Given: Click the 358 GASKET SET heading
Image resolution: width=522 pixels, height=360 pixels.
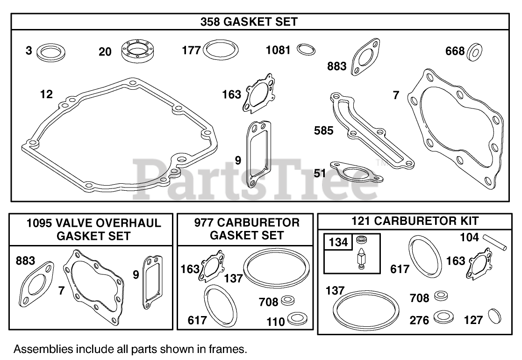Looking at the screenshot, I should pyautogui.click(x=249, y=22).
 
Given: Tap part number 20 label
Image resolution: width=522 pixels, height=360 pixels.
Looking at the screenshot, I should pyautogui.click(x=105, y=51).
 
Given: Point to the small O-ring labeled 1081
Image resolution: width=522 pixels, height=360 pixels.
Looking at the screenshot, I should pyautogui.click(x=306, y=49).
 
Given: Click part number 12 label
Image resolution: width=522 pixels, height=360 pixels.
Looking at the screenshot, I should pyautogui.click(x=46, y=94).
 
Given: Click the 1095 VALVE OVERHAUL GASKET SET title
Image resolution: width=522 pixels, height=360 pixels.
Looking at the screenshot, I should pyautogui.click(x=93, y=229).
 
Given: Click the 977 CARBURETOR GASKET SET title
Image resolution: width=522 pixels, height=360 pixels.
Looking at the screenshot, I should pyautogui.click(x=247, y=229).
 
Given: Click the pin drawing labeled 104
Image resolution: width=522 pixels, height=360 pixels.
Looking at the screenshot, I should pyautogui.click(x=493, y=241).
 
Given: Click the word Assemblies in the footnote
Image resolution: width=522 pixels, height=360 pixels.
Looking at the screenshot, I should pyautogui.click(x=43, y=349).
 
